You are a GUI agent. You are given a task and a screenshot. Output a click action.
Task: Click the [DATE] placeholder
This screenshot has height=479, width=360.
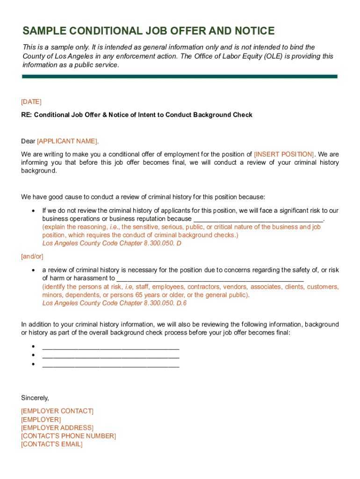(31, 102)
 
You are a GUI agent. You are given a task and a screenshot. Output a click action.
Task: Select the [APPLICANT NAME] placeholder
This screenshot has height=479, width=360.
(68, 141)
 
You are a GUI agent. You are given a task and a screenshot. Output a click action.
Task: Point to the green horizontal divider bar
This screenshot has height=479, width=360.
(180, 76)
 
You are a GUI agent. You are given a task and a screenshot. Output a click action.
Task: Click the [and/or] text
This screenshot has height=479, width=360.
(32, 256)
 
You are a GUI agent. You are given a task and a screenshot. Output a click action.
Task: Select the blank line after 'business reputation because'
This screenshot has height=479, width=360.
(258, 219)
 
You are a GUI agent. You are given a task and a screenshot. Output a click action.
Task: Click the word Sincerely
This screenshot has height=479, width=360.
(35, 398)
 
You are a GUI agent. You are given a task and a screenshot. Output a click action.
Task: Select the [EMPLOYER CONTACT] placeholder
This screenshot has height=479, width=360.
(58, 411)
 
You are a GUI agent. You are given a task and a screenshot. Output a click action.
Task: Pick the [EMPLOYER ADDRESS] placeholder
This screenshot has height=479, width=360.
(58, 428)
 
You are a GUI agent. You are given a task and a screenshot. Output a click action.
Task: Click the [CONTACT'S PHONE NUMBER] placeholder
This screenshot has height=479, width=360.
(69, 436)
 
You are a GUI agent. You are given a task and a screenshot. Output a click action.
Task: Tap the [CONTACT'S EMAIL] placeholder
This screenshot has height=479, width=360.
(52, 444)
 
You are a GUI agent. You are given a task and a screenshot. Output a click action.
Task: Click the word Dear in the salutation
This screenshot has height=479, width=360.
(28, 141)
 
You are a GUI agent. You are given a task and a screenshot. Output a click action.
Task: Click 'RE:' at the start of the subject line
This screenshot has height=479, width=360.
(27, 115)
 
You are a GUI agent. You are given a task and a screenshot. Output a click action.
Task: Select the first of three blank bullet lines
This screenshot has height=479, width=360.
(111, 347)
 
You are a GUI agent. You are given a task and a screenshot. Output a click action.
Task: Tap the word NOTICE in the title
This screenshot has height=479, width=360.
(252, 31)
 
